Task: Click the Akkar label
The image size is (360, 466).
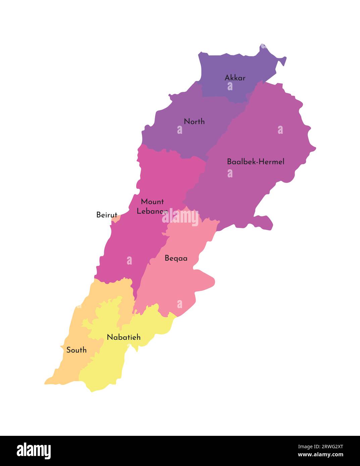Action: pyautogui.click(x=235, y=78)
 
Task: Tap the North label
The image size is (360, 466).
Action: pyautogui.click(x=194, y=121)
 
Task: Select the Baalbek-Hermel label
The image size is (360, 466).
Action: pyautogui.click(x=255, y=162)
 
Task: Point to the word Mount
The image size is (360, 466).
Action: pyautogui.click(x=152, y=201)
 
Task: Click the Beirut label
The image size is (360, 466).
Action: pyautogui.click(x=107, y=215)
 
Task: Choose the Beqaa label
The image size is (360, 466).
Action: pyautogui.click(x=176, y=258)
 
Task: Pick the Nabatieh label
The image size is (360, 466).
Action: pyautogui.click(x=123, y=337)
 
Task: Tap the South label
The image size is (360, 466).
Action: pyautogui.click(x=76, y=350)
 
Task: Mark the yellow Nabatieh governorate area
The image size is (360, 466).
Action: pyautogui.click(x=104, y=369)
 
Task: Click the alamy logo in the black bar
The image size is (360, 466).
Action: pyautogui.click(x=34, y=451)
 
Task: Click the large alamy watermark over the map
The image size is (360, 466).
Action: pyautogui.click(x=181, y=217)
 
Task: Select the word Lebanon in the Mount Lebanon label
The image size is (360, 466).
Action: pyautogui.click(x=152, y=211)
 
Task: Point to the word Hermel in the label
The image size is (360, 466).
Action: pyautogui.click(x=272, y=162)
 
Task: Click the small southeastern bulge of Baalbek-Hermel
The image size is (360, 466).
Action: pyautogui.click(x=263, y=223)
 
